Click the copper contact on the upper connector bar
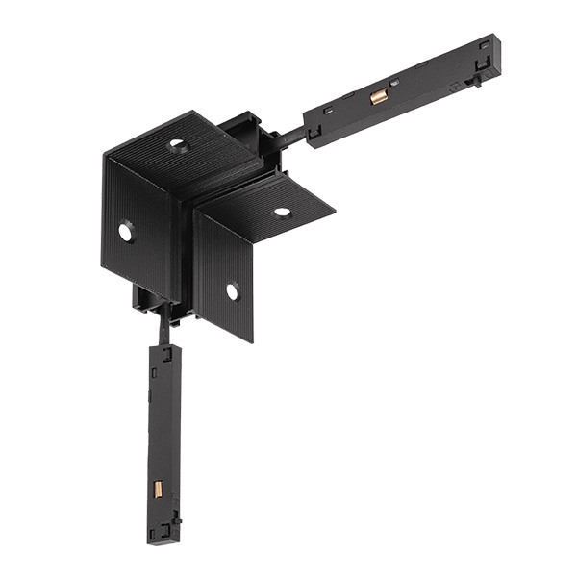(380, 95)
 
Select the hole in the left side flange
(126, 231)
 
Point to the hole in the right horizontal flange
(283, 212)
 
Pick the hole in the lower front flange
(232, 289)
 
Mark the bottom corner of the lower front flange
(252, 341)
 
